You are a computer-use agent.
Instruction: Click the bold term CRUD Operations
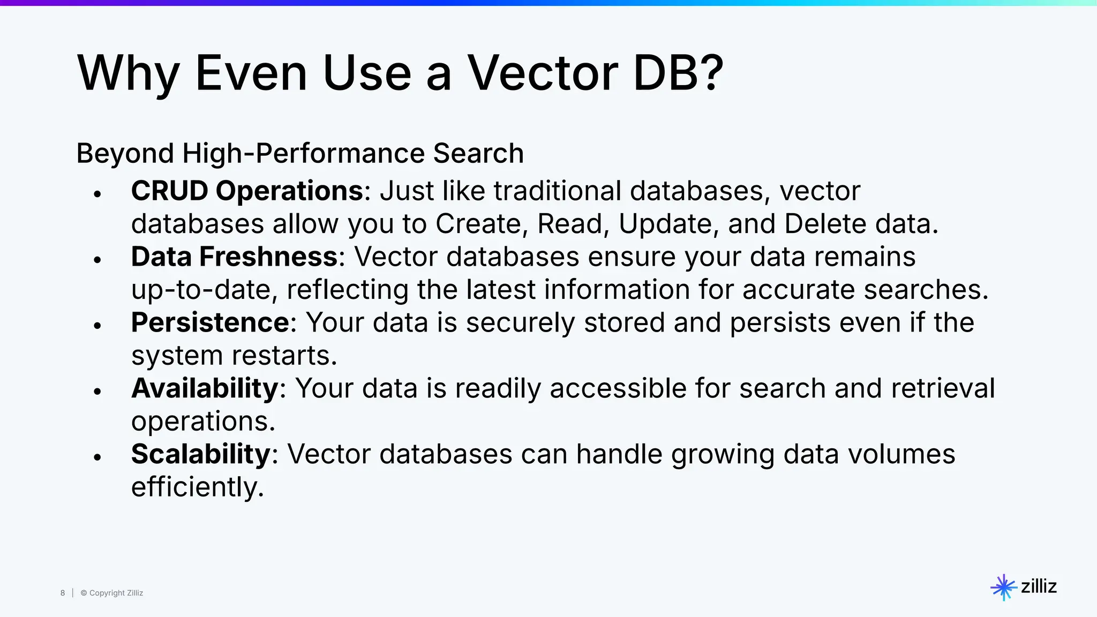click(247, 191)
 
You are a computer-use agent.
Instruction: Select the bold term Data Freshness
click(234, 257)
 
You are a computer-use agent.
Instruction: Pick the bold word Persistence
click(210, 322)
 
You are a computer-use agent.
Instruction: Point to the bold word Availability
click(205, 388)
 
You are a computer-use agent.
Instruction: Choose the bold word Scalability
click(201, 454)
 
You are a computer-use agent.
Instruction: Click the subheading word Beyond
click(125, 154)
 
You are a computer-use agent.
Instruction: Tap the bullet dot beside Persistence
click(97, 326)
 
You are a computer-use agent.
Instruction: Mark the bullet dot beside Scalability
click(97, 457)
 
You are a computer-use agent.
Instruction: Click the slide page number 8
click(63, 593)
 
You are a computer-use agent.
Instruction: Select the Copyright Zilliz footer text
click(112, 593)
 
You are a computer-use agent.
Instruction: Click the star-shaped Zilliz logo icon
click(1003, 588)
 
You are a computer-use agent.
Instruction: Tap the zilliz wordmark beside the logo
click(1039, 586)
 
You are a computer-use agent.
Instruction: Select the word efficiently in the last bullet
click(197, 487)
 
